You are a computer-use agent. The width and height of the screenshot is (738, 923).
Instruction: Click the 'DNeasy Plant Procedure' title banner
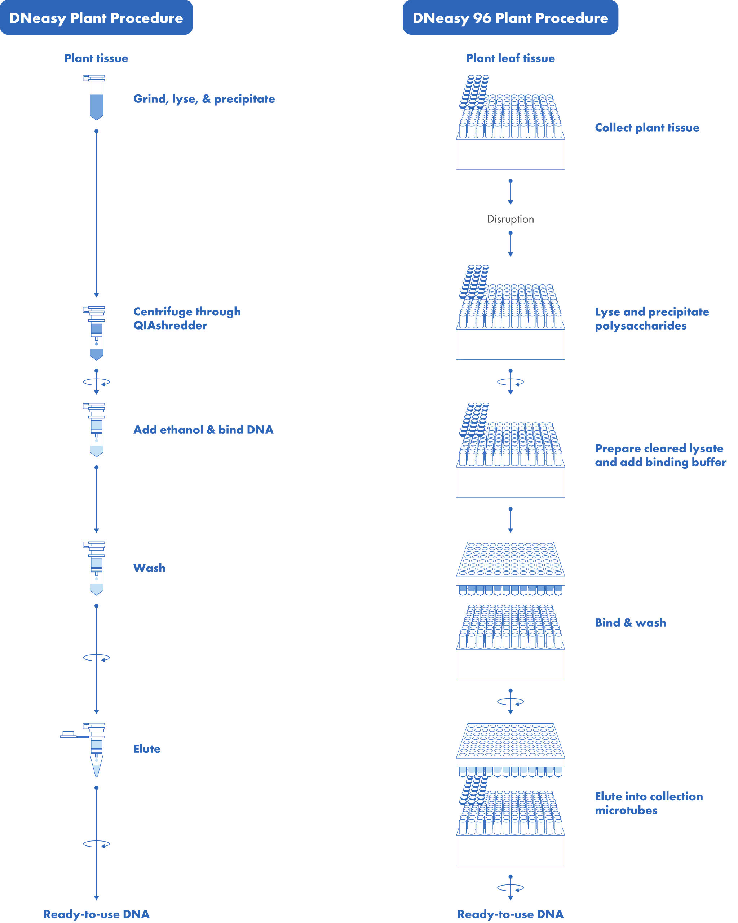tap(96, 18)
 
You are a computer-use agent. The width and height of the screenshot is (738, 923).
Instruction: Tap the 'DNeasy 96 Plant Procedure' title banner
tap(510, 18)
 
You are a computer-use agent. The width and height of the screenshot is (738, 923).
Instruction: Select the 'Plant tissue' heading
tap(96, 58)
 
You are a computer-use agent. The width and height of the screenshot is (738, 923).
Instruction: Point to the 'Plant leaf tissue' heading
tap(510, 58)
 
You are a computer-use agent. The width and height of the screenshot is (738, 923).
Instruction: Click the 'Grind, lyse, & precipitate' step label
tap(204, 99)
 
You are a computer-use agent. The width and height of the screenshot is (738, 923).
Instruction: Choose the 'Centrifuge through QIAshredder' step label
tap(187, 318)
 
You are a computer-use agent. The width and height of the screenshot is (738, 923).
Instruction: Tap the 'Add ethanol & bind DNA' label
tap(203, 429)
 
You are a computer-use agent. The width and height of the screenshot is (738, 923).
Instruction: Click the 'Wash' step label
tap(149, 568)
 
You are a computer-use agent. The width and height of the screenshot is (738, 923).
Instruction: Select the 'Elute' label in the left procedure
tap(147, 749)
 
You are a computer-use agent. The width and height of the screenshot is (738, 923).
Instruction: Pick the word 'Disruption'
tap(510, 219)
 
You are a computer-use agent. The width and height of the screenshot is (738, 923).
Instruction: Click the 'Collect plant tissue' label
tap(647, 128)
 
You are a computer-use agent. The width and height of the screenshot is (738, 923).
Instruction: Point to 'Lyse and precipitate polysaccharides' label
tap(652, 318)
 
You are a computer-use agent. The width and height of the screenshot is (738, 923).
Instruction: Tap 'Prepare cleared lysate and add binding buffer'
tap(660, 455)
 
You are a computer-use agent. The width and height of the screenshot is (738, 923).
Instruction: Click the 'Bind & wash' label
tap(631, 622)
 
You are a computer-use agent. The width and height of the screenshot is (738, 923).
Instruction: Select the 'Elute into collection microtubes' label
tap(649, 803)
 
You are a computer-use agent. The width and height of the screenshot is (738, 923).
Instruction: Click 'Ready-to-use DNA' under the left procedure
tap(96, 914)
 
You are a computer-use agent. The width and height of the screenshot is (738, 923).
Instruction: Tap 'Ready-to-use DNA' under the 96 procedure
tap(510, 914)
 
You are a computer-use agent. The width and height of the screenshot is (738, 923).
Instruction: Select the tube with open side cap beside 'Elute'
tap(84, 750)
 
